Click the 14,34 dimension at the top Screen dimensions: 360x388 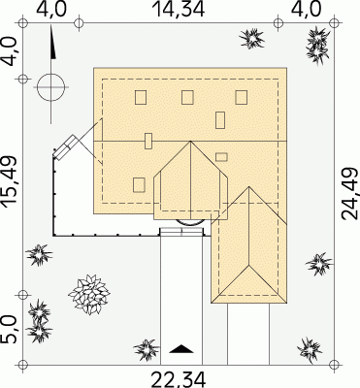click(179, 9)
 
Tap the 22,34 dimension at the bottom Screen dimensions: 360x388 click(179, 379)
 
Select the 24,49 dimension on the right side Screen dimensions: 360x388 click(350, 193)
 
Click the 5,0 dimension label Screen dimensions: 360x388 click(9, 330)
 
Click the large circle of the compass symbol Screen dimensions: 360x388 click(50, 87)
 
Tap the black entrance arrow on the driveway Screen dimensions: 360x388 click(181, 349)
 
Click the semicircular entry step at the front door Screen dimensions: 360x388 click(190, 223)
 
